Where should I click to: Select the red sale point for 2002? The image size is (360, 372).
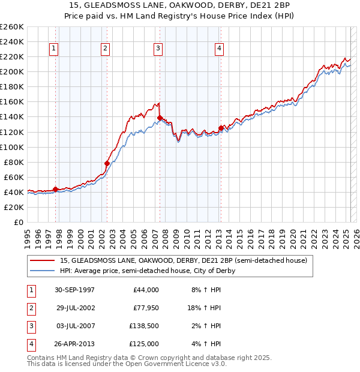click(x=107, y=163)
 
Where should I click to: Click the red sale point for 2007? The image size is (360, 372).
click(x=160, y=118)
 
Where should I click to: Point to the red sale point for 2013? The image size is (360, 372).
click(x=221, y=128)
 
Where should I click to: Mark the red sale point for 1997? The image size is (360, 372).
click(x=55, y=189)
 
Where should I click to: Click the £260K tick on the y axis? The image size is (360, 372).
click(x=12, y=27)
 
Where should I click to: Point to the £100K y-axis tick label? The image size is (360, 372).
click(x=12, y=147)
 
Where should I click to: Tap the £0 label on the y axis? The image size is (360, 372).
click(x=18, y=222)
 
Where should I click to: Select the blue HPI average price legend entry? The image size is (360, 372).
click(x=148, y=271)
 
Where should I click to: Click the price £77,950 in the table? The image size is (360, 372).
click(x=145, y=308)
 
